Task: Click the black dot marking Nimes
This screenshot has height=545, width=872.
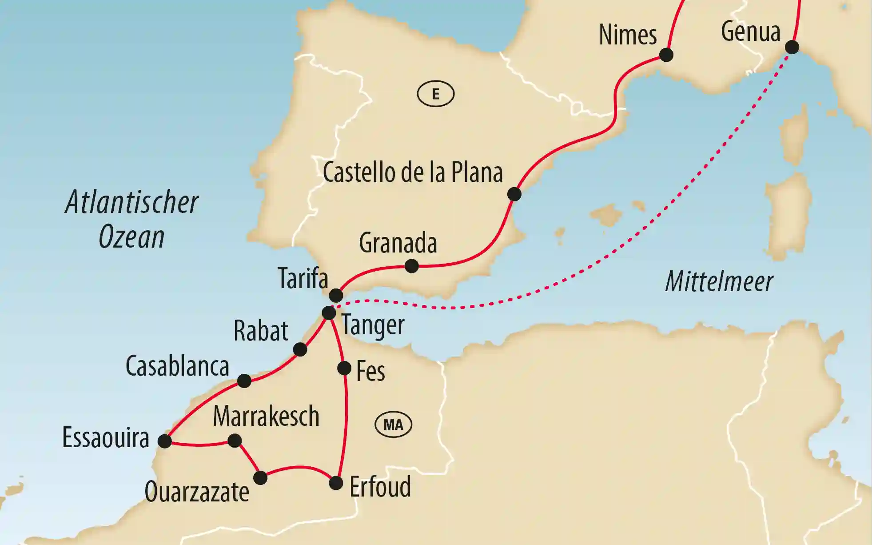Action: click(666, 55)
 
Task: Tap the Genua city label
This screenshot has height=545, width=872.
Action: click(750, 32)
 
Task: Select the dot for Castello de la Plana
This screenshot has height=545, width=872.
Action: click(514, 194)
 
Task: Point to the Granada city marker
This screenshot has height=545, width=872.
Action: click(412, 266)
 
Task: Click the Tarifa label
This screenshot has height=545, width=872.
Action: click(303, 279)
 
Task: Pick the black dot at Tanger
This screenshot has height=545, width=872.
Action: click(329, 313)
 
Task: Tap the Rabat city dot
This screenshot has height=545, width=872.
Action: click(300, 349)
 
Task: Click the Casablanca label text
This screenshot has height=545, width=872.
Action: click(177, 367)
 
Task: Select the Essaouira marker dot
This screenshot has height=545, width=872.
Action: click(165, 441)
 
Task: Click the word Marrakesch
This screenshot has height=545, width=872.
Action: click(266, 417)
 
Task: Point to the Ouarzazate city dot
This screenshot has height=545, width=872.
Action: click(260, 478)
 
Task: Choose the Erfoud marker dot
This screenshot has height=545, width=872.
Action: click(336, 483)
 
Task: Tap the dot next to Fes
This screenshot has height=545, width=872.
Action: click(344, 368)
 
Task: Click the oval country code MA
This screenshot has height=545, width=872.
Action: click(394, 425)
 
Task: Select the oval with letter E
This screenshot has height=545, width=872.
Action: click(435, 94)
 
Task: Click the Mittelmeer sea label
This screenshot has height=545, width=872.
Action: click(719, 282)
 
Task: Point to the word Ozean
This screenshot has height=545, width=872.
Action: click(131, 237)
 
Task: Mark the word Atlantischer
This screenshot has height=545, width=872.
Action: click(132, 203)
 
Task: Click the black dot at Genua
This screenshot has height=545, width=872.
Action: click(792, 47)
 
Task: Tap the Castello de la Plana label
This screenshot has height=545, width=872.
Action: click(413, 172)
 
